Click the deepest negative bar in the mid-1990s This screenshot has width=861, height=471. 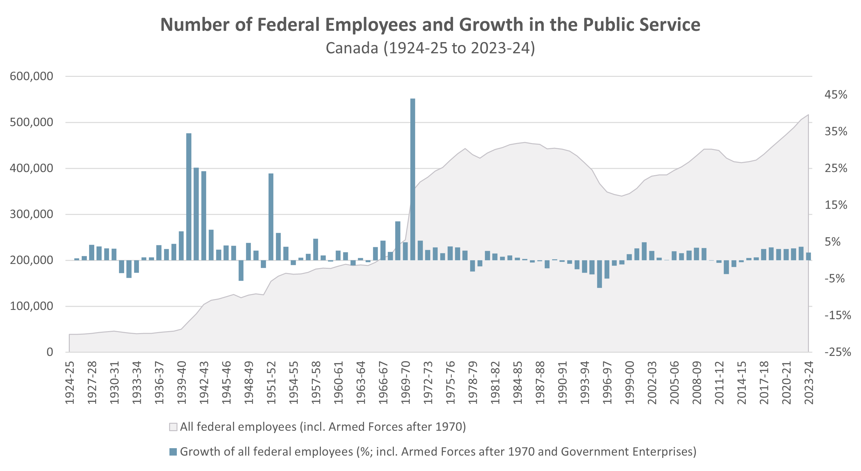[599, 274]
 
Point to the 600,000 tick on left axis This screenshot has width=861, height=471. [32, 76]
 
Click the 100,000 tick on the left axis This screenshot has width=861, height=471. [32, 306]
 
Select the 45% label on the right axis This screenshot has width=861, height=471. [835, 95]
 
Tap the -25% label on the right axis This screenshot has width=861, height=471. [837, 352]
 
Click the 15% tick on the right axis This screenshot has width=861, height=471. [835, 205]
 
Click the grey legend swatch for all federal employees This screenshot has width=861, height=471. [173, 427]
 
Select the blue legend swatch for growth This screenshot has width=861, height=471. [173, 452]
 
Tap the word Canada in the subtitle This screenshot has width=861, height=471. [352, 48]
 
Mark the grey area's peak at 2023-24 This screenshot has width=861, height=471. [808, 115]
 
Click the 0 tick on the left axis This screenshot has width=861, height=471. [50, 352]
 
